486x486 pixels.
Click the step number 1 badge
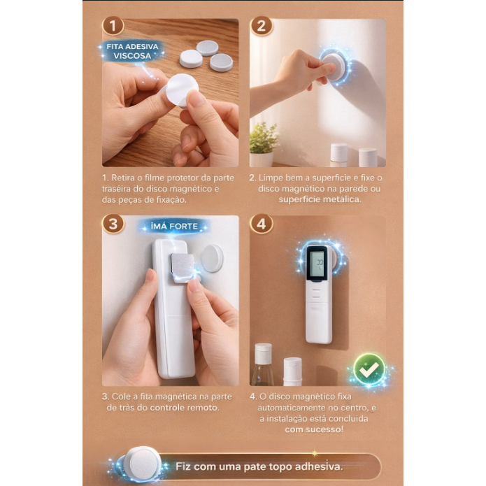click(x=113, y=26)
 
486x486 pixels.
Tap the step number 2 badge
click(x=262, y=26)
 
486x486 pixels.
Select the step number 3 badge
click(x=113, y=224)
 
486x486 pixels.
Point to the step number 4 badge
click(x=262, y=224)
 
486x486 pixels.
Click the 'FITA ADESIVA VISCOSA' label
click(x=132, y=51)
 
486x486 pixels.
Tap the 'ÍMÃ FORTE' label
click(x=174, y=227)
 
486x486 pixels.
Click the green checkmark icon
click(x=370, y=369)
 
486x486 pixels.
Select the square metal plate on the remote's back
click(x=183, y=268)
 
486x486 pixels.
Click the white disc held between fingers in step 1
click(x=182, y=90)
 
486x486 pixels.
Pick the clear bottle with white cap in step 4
click(x=263, y=365)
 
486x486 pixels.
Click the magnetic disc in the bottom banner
click(x=143, y=464)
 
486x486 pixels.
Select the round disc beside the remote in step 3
click(x=213, y=258)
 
